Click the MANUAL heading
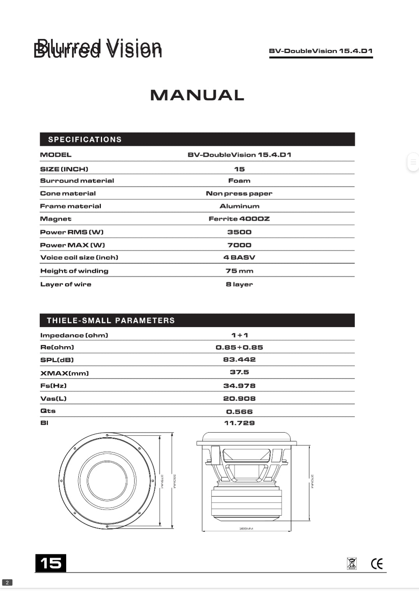coord(197,95)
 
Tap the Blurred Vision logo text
coord(98,49)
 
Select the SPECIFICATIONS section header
coord(85,140)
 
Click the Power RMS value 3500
coord(239,232)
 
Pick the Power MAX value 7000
coord(239,245)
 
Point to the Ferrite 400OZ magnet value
coord(239,219)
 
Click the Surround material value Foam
coord(239,180)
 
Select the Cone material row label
coord(68,193)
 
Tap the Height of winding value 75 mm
coord(239,271)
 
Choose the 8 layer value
coord(239,284)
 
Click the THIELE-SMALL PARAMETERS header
coord(111,320)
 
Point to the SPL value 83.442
coord(239,359)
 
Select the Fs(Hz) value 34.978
coord(239,386)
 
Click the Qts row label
coord(48,411)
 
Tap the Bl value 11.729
coord(239,423)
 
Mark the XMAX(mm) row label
coord(64,373)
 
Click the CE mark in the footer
coord(377,564)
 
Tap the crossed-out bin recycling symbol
coord(352,564)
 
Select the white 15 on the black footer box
coord(51,563)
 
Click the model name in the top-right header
coord(320,51)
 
